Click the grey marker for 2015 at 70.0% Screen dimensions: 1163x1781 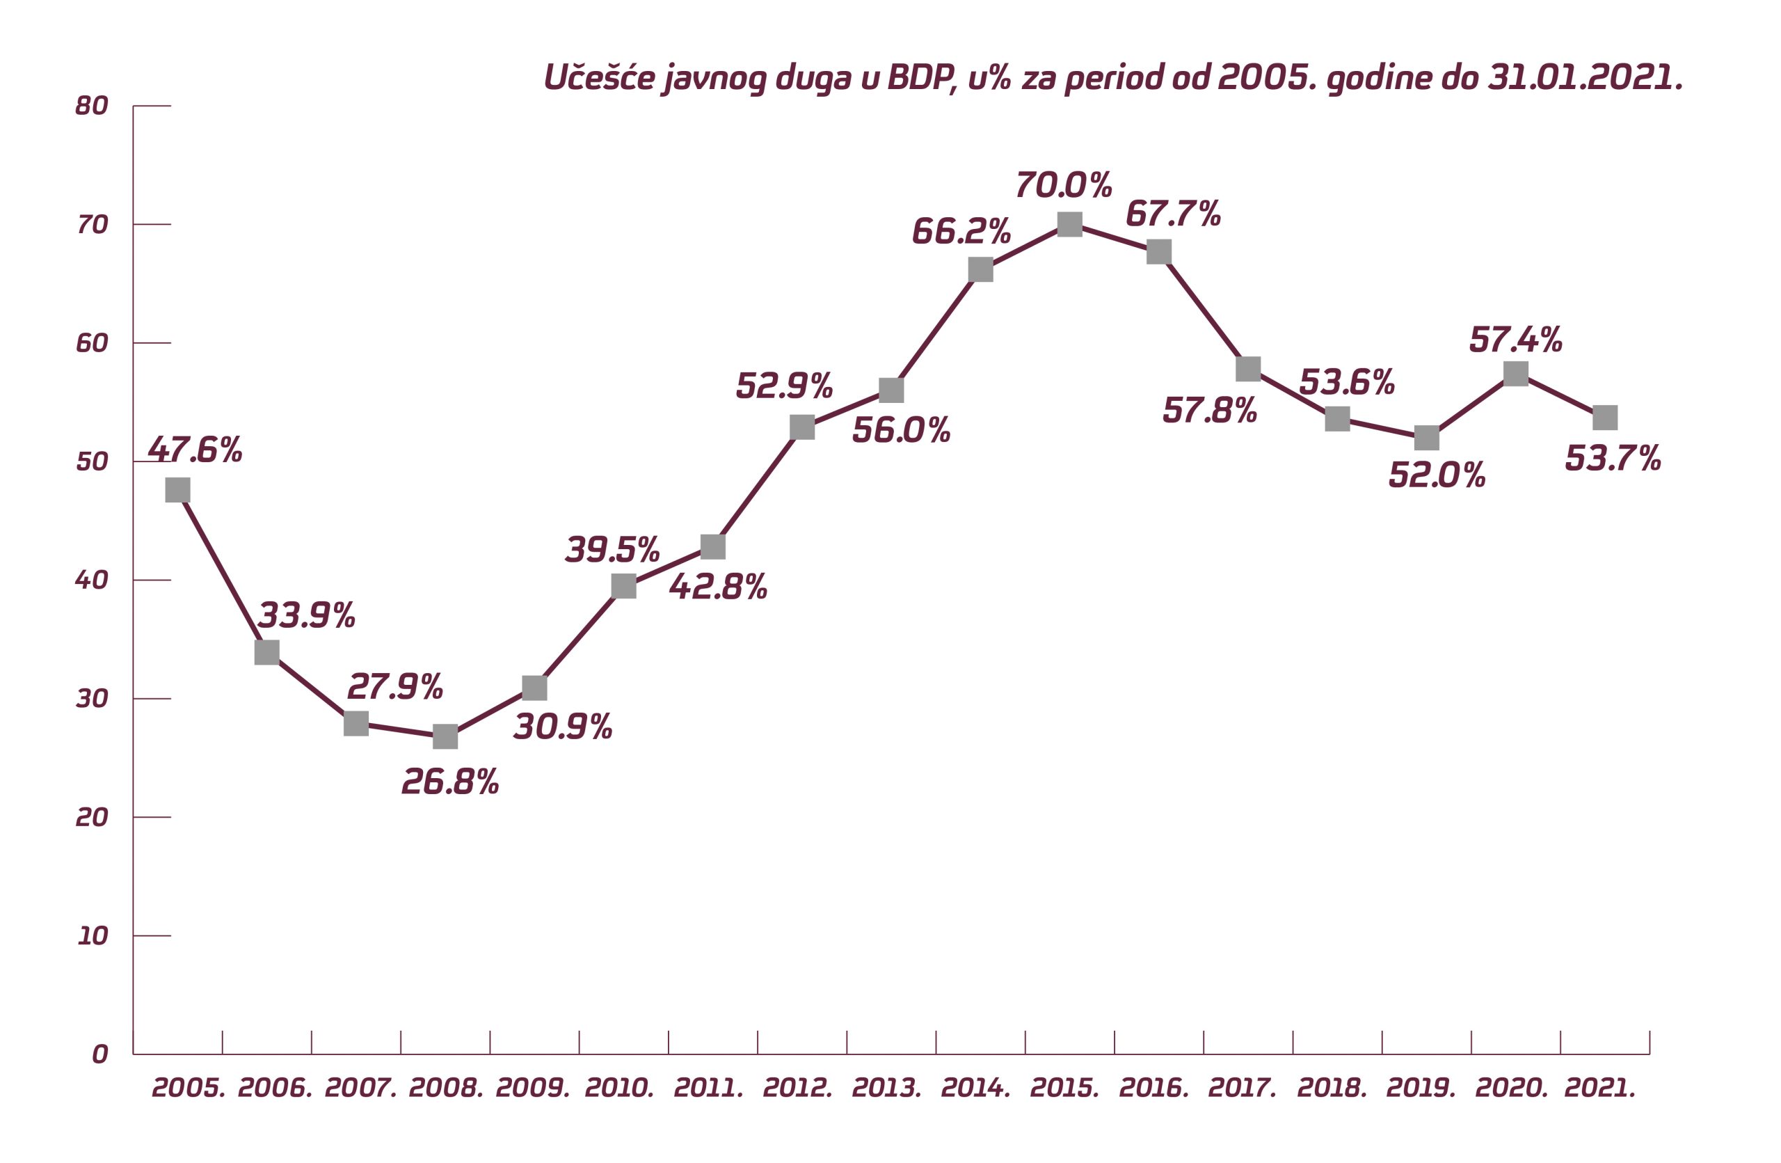click(1069, 224)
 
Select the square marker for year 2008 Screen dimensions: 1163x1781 click(445, 736)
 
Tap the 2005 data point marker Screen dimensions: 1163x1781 click(177, 490)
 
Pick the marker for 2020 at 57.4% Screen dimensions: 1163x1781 click(1515, 374)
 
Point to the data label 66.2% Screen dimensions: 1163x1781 click(961, 231)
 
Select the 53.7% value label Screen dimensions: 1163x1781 click(1613, 458)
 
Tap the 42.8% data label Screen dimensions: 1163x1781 click(719, 587)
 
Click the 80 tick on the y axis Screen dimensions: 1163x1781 click(92, 106)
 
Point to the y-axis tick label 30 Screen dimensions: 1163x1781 click(92, 699)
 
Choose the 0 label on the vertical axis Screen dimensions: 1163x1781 click(99, 1054)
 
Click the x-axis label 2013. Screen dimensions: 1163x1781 click(887, 1088)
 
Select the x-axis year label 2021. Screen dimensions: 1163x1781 click(1600, 1088)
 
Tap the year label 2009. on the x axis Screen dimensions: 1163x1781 click(532, 1088)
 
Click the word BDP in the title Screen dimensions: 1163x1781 click(921, 77)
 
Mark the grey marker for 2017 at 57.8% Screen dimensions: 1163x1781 click(1248, 369)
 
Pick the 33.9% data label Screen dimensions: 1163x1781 click(306, 615)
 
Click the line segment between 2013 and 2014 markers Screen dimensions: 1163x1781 click(936, 330)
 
